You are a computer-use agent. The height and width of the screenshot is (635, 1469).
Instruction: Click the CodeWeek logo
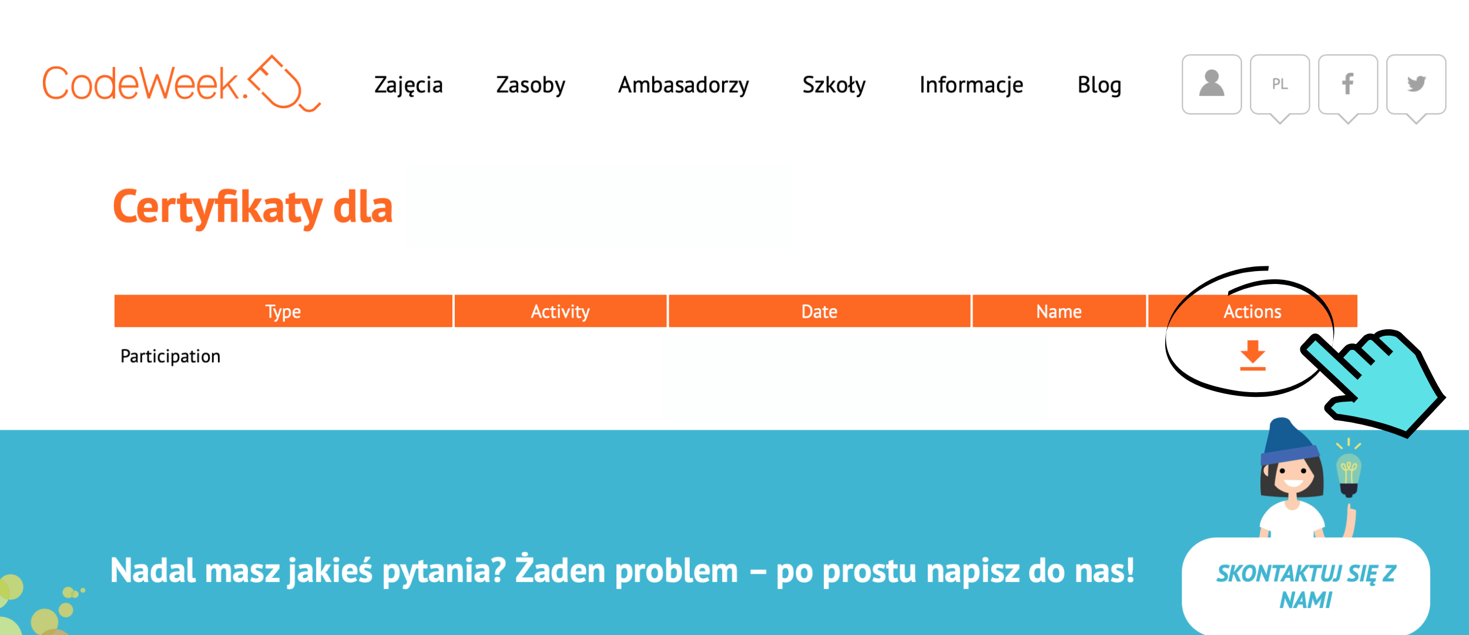click(x=182, y=83)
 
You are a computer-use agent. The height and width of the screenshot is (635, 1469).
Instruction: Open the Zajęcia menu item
click(x=408, y=85)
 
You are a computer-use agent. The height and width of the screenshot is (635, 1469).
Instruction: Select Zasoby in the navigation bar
click(x=531, y=85)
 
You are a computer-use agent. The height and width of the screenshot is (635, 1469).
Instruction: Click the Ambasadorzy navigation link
click(x=683, y=85)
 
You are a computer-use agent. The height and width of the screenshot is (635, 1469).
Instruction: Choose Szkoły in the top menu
click(x=834, y=85)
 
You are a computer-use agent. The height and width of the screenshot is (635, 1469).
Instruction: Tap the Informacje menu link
click(x=971, y=85)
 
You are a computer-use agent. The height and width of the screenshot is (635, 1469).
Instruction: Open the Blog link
click(x=1099, y=85)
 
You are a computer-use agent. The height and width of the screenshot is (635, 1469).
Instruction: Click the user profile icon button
click(x=1212, y=84)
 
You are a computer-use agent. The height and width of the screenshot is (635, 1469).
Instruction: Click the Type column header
click(x=283, y=311)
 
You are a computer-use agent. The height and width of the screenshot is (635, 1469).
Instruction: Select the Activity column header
click(x=561, y=311)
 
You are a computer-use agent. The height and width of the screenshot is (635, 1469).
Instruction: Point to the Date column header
click(x=819, y=311)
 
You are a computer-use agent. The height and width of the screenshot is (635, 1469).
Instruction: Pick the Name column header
click(x=1059, y=311)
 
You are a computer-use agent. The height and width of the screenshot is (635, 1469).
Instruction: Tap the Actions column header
click(x=1252, y=311)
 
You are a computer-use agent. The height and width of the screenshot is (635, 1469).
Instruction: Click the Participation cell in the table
click(x=170, y=356)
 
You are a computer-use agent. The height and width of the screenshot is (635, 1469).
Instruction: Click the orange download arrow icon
click(x=1252, y=355)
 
